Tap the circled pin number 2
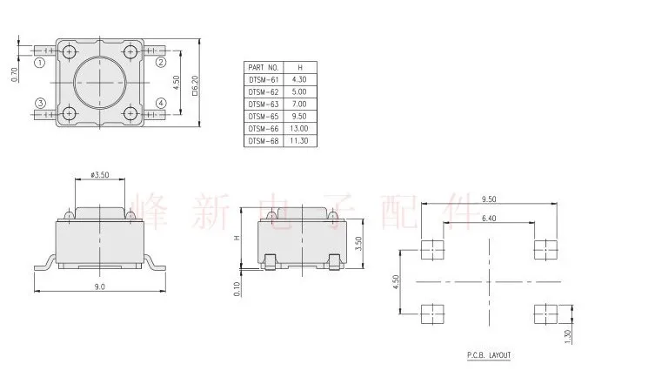pos(161,63)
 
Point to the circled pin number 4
pos(161,104)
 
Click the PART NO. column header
pos(263,66)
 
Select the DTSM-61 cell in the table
pos(263,78)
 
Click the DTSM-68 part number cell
pos(263,139)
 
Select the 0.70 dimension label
pos(14,75)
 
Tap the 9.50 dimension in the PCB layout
pos(488,199)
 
